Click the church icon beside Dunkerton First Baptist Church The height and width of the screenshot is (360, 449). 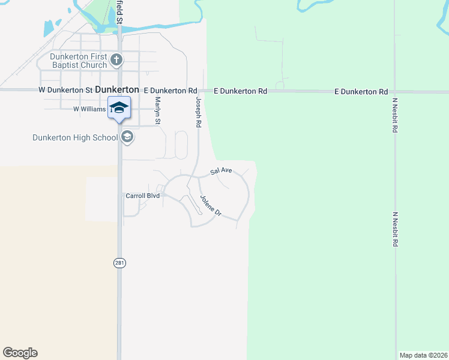[x=117, y=59]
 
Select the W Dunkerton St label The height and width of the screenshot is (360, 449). [x=65, y=89]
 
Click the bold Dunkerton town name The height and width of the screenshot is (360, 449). [x=117, y=89]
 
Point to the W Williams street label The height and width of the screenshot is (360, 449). [x=89, y=109]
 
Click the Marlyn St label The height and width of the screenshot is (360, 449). [x=158, y=111]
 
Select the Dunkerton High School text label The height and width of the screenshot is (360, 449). [x=75, y=137]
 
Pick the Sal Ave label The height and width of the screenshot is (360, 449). [x=221, y=171]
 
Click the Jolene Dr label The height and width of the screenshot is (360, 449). [x=211, y=206]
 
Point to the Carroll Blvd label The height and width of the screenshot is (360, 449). [x=142, y=196]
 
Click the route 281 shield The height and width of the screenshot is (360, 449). [x=119, y=263]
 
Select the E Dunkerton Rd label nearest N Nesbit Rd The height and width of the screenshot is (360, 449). [x=361, y=92]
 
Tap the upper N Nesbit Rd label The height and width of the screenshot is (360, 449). [x=394, y=115]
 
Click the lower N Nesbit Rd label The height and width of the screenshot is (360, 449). [x=394, y=230]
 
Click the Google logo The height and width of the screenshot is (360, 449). [x=20, y=353]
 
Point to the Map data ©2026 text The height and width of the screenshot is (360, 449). [x=423, y=355]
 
